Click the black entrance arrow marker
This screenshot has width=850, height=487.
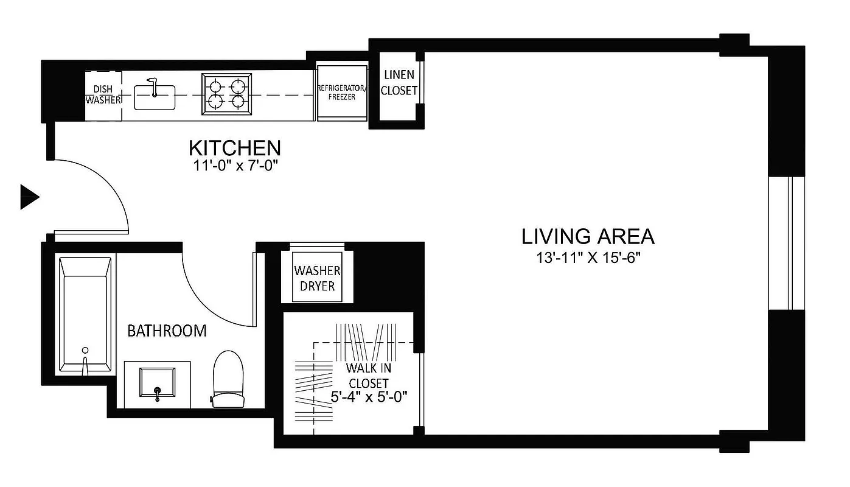29,197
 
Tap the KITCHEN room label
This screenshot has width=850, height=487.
234,148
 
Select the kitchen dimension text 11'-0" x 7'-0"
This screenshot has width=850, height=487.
234,165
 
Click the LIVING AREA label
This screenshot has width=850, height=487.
588,236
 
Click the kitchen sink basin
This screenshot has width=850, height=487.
155,97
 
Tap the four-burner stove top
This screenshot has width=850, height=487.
227,94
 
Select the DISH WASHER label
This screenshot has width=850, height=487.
103,94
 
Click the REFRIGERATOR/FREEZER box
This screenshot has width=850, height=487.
341,93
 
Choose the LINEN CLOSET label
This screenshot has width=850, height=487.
399,83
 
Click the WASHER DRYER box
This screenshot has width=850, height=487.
317,278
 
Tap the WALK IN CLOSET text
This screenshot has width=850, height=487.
369,376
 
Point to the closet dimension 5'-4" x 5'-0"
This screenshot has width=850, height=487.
369,396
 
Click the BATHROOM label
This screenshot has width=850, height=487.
166,331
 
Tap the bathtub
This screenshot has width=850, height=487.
85,314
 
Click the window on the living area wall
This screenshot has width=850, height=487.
788,243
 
